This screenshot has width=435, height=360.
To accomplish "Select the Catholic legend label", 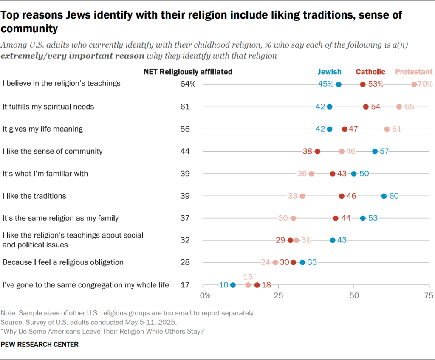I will click(x=370, y=72).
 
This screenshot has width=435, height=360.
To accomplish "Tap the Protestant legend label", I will click(x=413, y=72).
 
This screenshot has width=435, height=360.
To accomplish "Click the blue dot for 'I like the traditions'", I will click(x=384, y=196).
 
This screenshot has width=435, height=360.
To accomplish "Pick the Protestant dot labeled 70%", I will click(x=414, y=84).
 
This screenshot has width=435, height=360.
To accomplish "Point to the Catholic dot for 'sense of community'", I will click(x=317, y=151).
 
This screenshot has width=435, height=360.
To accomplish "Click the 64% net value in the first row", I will click(x=188, y=84).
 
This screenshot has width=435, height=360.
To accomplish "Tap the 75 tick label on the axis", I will click(x=429, y=295).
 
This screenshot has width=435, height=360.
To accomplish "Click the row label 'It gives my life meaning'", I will click(x=42, y=129).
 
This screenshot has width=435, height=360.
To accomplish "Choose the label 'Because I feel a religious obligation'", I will click(x=63, y=262).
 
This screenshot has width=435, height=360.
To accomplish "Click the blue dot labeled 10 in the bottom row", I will click(x=233, y=285).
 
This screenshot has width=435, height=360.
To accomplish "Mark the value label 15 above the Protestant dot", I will click(x=248, y=276).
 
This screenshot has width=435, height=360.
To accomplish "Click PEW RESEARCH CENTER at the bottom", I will click(x=40, y=345).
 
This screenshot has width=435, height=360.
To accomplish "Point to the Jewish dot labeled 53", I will click(x=363, y=218).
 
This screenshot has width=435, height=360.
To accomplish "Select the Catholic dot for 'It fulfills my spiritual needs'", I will click(x=366, y=107).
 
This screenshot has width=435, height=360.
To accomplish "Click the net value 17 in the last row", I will click(x=185, y=285).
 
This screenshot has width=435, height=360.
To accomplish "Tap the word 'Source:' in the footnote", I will click(x=11, y=322).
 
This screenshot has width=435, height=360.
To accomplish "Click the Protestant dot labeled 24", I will click(x=275, y=262).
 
